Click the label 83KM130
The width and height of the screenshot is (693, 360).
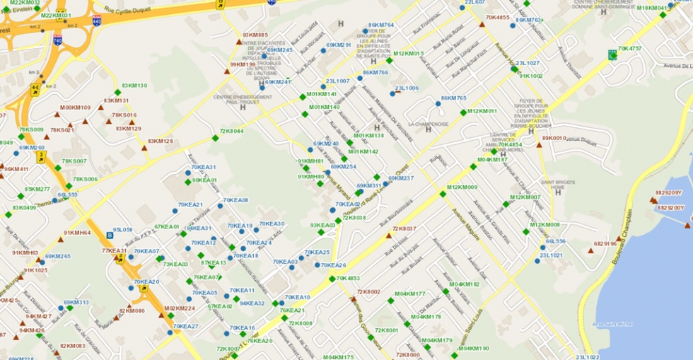tap(134, 86)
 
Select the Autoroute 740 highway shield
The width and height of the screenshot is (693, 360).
tap(57, 40)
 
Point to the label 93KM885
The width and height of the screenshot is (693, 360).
tap(255, 35)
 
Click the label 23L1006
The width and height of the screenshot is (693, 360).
tap(407, 88)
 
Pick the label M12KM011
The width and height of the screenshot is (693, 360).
tap(482, 111)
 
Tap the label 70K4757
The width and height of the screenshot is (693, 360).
tap(630, 49)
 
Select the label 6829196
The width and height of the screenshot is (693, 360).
tap(605, 244)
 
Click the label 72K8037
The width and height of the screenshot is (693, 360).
tap(404, 228)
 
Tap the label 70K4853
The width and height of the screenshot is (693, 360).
tap(348, 278)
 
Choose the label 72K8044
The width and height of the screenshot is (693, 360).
tap(231, 131)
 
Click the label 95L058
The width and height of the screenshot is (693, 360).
tap(123, 229)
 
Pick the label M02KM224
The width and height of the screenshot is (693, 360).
tap(180, 308)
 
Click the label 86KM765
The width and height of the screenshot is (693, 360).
tap(453, 98)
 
